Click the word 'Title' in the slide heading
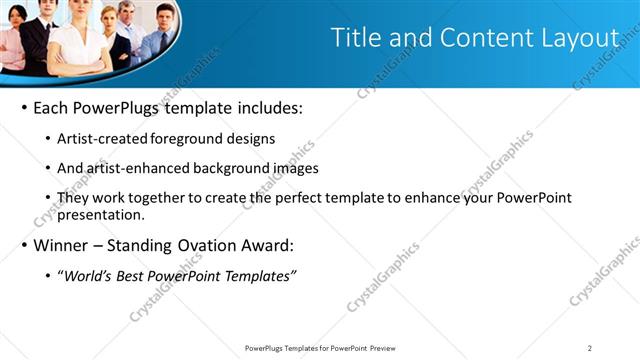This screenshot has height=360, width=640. [355, 38]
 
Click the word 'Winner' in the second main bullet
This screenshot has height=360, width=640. [62, 245]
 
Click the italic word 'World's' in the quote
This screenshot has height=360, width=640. [92, 276]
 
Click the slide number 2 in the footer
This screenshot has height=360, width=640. [590, 348]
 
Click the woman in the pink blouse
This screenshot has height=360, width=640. [8, 45]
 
